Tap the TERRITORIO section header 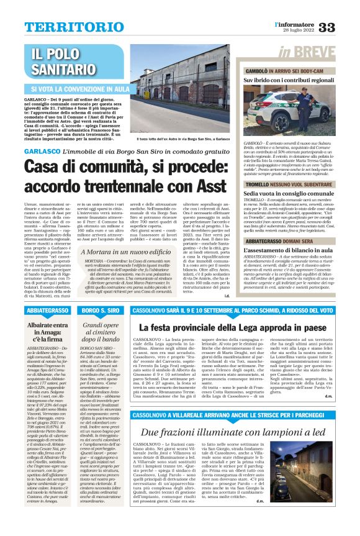pyautogui.click(x=66, y=27)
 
